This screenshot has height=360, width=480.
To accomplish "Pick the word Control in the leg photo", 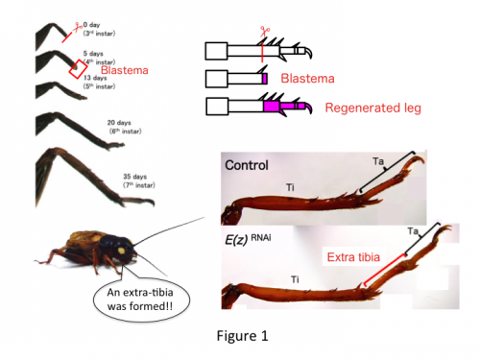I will [x=247, y=164].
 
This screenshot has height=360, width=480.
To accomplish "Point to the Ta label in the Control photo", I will [x=377, y=164].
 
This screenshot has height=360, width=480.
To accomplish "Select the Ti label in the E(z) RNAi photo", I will [x=295, y=278].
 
